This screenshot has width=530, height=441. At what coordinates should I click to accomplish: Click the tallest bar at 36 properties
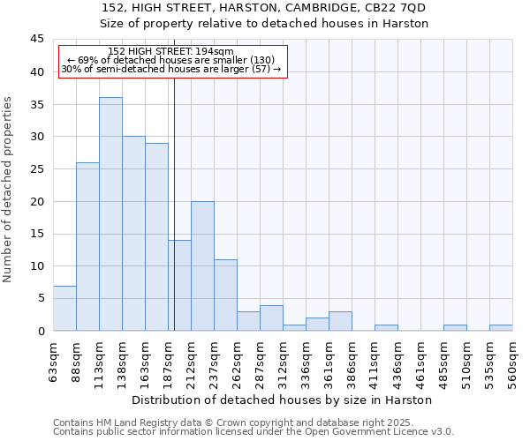110,214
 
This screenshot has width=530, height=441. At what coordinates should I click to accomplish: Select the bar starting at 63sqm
64,309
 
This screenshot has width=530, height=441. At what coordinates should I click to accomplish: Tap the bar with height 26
87,247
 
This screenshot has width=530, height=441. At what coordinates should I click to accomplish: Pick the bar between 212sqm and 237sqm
202,266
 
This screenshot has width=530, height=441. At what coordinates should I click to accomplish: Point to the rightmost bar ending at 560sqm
501,328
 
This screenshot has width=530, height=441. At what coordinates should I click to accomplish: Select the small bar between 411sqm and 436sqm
386,328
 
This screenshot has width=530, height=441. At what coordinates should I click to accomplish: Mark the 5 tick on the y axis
40,298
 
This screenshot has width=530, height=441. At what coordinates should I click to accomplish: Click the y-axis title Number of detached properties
9,190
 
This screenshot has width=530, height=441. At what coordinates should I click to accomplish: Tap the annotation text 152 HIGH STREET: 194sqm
170,51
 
